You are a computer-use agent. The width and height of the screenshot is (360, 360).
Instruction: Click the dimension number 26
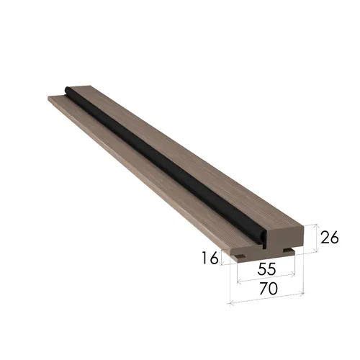click(x=330, y=238)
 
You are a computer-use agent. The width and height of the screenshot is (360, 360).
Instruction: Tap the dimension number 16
click(x=210, y=258)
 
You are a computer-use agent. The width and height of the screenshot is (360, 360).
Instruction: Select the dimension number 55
click(x=266, y=269)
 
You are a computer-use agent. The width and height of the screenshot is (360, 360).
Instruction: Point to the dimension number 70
click(x=269, y=288)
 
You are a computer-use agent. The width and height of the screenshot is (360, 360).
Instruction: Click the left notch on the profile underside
click(x=240, y=256)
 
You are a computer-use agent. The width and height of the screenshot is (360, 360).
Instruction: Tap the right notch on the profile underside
click(x=288, y=251)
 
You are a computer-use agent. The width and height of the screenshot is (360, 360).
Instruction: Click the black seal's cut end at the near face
click(x=264, y=240)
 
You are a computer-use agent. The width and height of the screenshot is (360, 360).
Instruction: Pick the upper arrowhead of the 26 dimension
click(x=316, y=225)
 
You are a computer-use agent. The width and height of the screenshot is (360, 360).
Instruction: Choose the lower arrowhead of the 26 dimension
click(x=317, y=251)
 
